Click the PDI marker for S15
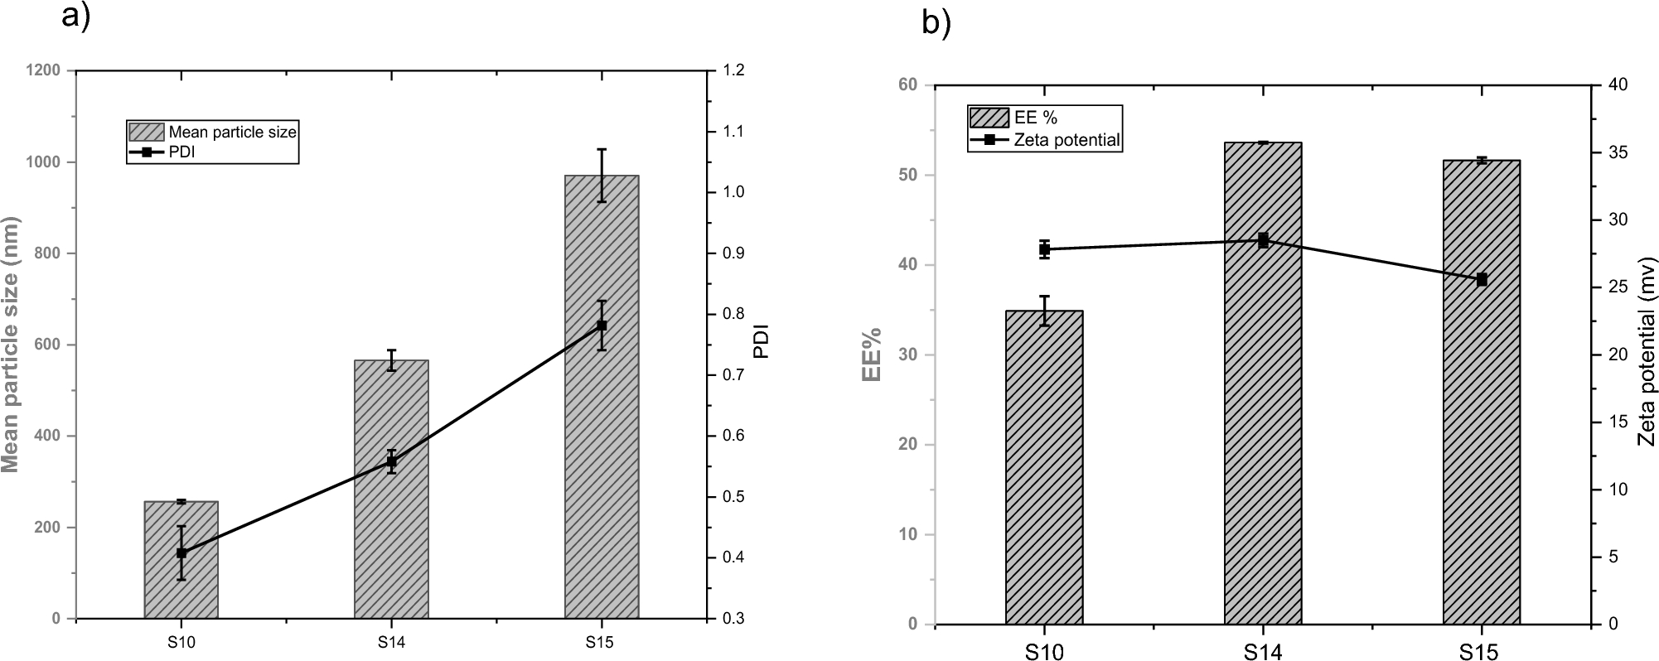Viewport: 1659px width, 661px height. [602, 326]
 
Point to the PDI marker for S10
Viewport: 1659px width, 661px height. [181, 552]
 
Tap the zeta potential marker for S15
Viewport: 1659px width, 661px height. [1482, 280]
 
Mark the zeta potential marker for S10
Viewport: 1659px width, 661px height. [1044, 249]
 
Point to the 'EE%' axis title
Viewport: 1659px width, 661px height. [871, 354]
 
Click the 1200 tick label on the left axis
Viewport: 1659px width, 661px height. [44, 70]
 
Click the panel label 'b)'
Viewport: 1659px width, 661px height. [936, 23]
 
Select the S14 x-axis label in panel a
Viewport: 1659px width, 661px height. [391, 641]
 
